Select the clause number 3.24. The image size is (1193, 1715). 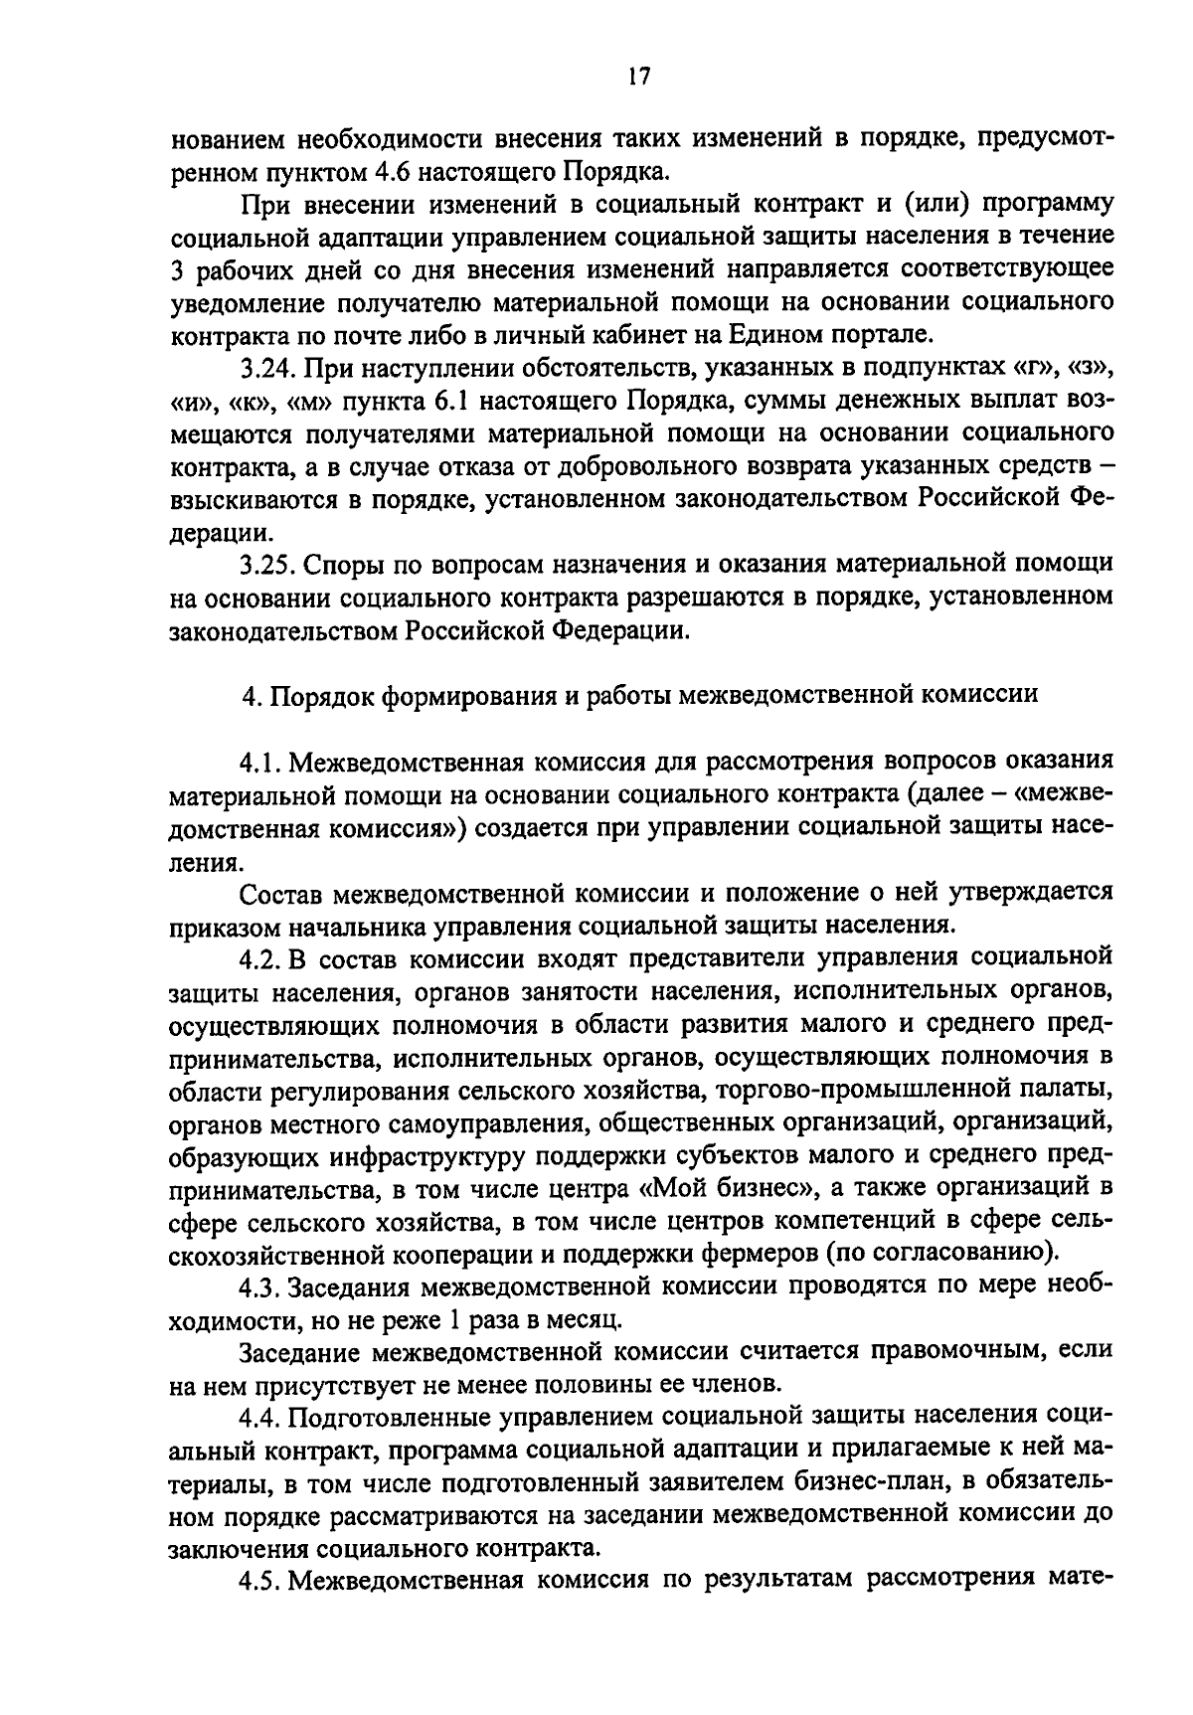pyautogui.click(x=267, y=370)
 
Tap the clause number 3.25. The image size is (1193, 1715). pyautogui.click(x=267, y=565)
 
